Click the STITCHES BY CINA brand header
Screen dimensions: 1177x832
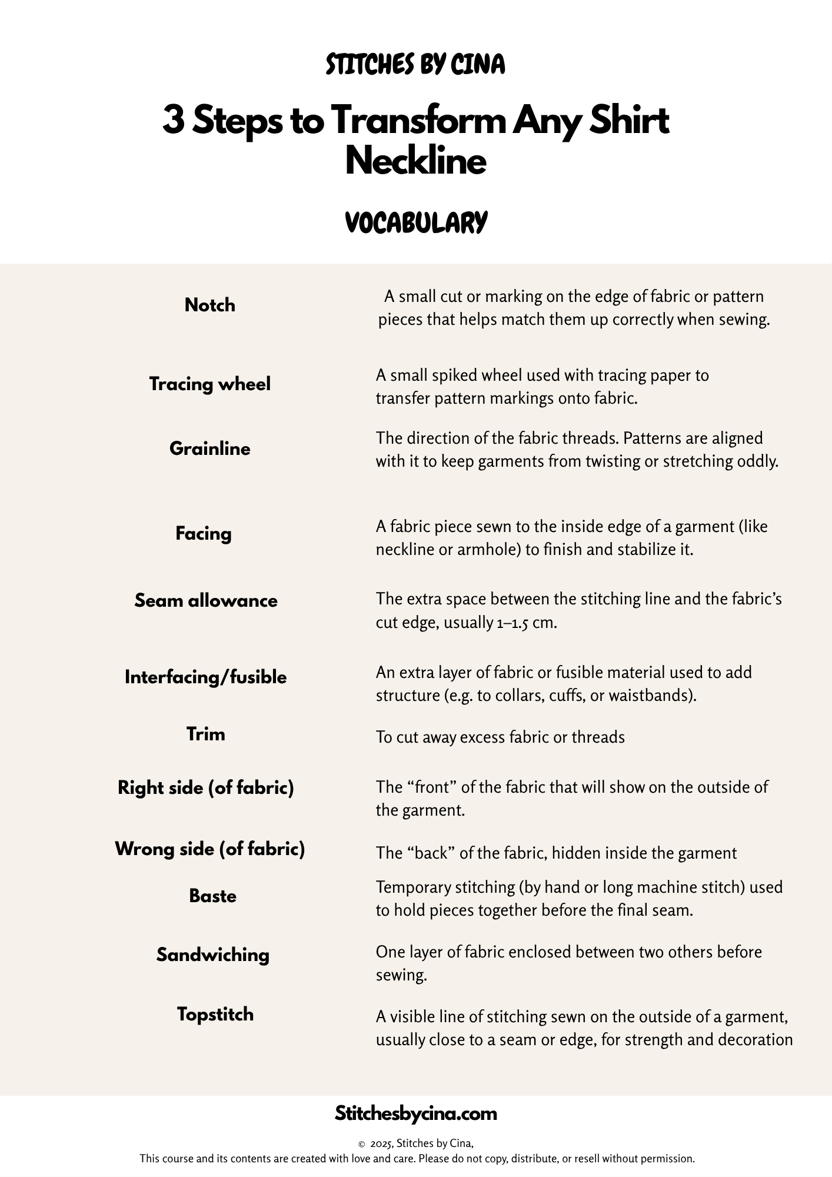(415, 65)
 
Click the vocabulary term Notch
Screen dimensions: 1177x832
(209, 305)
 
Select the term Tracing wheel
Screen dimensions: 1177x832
(209, 384)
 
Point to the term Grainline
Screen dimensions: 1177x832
(209, 448)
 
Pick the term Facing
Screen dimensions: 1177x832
(204, 533)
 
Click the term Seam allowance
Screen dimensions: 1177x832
(206, 600)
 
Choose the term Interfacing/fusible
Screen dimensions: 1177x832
(205, 677)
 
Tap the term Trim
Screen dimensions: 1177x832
(205, 734)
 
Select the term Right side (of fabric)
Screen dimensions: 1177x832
(205, 787)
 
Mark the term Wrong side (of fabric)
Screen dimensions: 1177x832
(209, 849)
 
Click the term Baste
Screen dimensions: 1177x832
(212, 896)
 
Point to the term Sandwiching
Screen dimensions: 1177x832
(212, 955)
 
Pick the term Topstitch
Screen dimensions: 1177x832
(215, 1014)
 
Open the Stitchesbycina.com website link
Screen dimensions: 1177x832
(415, 1113)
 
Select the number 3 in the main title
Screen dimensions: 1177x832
(173, 121)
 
